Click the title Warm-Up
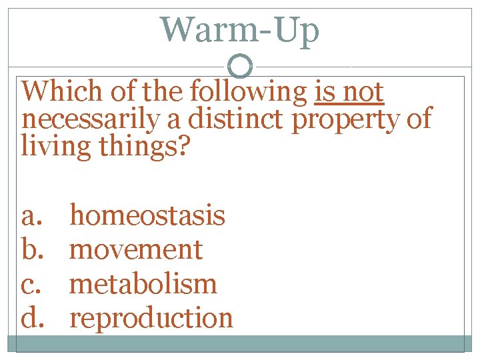coord(240,30)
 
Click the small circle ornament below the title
coord(241,66)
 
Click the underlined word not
coord(363,92)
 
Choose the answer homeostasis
coord(147,215)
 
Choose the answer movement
coord(136,249)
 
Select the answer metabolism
coord(143,283)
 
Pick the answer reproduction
coord(151,318)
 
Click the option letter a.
coord(32,216)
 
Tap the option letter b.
coord(32,249)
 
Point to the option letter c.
coord(32,284)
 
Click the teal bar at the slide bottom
coord(240,343)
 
